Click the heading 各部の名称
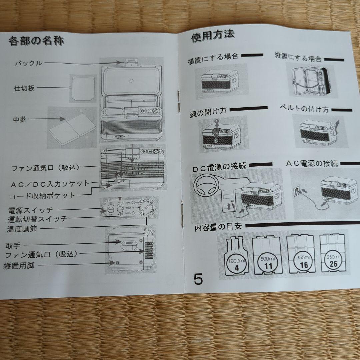pos(36,41)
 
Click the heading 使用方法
pos(212,36)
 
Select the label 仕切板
pos(24,88)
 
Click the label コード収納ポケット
pos(42,195)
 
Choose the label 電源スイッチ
pos(30,210)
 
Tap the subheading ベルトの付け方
pos(304,110)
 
